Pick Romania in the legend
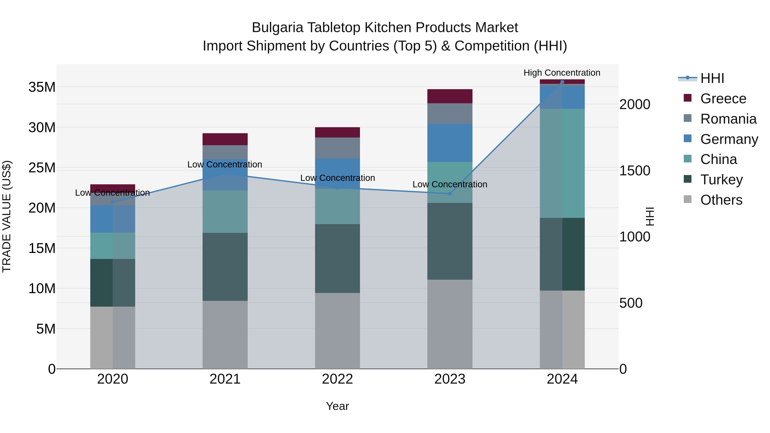(728, 119)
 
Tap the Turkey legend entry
(721, 180)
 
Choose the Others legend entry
(721, 200)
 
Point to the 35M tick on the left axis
(42, 87)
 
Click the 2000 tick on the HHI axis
(635, 104)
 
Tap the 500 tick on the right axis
(631, 303)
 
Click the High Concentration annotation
(562, 73)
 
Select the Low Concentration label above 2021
(225, 164)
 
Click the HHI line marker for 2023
(450, 194)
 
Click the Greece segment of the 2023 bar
(450, 96)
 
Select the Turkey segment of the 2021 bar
(225, 267)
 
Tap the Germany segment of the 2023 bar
(450, 143)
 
